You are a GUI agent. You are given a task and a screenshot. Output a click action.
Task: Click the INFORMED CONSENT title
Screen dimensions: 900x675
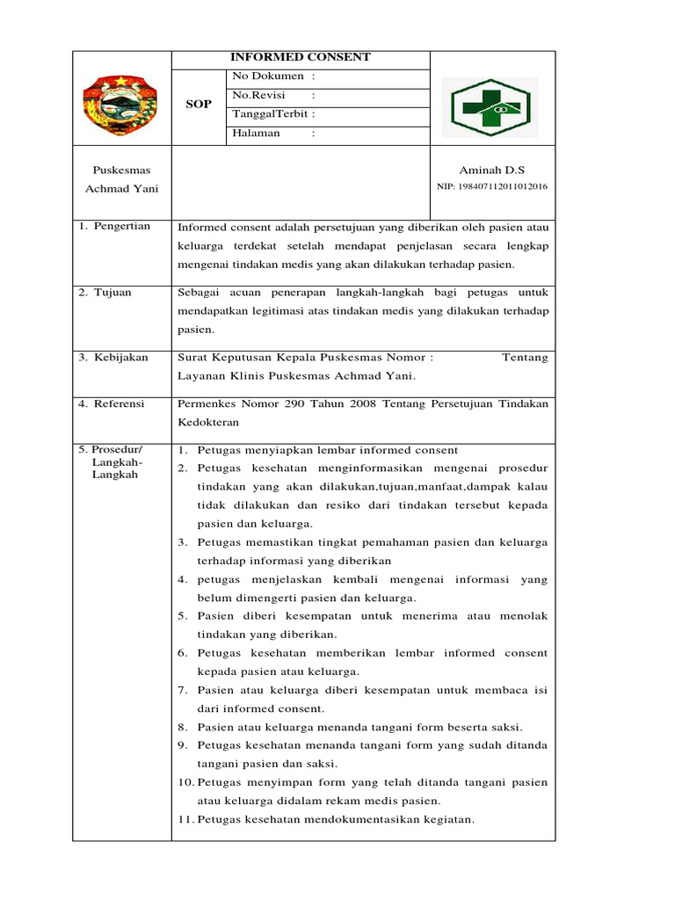[300, 57]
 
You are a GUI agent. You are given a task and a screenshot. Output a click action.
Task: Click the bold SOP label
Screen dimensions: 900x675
[199, 105]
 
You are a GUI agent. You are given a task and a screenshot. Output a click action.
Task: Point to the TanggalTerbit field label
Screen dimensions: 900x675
[273, 114]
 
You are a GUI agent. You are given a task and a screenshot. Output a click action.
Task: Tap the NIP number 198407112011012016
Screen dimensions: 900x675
[492, 186]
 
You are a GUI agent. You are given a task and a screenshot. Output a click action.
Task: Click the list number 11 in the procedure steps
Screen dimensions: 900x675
[185, 819]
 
